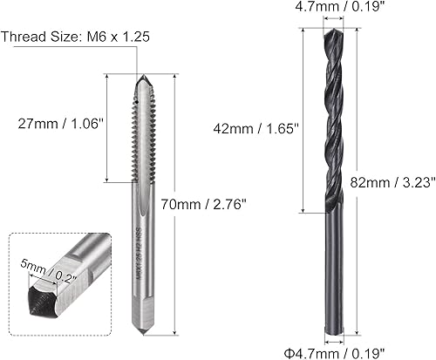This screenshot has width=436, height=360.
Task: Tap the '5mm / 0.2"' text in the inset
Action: tap(49, 264)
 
